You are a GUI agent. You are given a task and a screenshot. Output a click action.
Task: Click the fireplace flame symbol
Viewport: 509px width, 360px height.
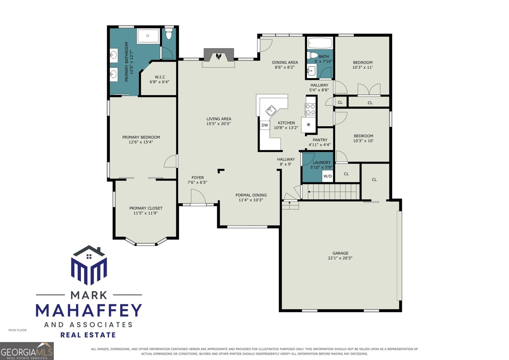218,56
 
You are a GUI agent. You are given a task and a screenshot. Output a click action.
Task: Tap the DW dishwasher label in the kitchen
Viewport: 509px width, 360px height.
265,125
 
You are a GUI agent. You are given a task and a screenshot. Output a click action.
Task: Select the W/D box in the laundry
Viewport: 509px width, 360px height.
327,176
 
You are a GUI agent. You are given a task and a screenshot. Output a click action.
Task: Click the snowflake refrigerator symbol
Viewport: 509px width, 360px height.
308,124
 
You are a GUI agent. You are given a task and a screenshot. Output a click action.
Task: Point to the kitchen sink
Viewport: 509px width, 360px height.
271,111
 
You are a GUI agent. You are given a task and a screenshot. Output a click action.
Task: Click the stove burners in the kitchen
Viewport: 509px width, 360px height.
310,109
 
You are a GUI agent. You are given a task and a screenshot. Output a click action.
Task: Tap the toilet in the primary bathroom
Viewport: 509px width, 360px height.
169,33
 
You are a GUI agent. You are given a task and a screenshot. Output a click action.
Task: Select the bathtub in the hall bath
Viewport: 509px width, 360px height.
320,43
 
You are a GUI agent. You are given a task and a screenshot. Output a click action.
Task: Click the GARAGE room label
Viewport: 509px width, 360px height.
340,253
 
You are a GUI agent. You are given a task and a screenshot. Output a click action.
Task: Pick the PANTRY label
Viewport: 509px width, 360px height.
320,140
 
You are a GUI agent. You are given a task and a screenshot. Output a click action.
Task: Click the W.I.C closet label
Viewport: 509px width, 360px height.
160,77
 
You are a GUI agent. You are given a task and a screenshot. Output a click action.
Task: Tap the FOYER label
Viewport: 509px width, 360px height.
198,177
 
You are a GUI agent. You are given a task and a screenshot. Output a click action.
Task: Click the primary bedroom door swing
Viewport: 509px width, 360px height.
171,161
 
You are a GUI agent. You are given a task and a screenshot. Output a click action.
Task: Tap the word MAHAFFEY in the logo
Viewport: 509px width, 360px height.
89,310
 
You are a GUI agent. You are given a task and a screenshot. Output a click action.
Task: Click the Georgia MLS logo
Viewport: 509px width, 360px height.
27,351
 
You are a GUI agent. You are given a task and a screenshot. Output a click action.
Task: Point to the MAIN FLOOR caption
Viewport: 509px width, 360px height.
17,330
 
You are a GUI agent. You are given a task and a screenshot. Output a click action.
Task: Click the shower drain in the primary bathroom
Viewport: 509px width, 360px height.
148,36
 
